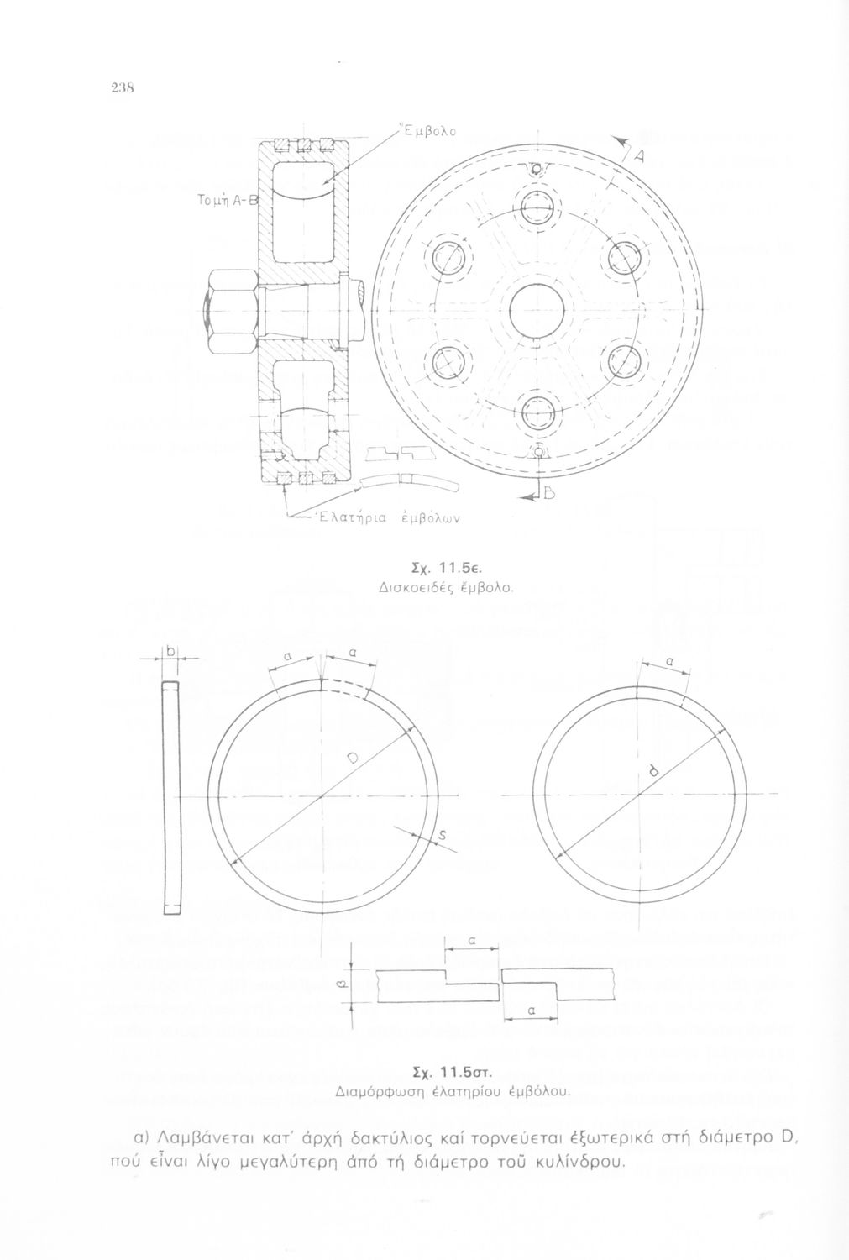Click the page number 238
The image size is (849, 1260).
click(x=122, y=88)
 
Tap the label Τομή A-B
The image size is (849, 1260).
click(x=226, y=199)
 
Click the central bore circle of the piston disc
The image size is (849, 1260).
click(x=537, y=310)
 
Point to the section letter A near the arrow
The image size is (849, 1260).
click(x=639, y=158)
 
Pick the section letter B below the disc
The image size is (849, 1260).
click(x=548, y=494)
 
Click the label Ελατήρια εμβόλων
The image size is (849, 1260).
click(x=387, y=517)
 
